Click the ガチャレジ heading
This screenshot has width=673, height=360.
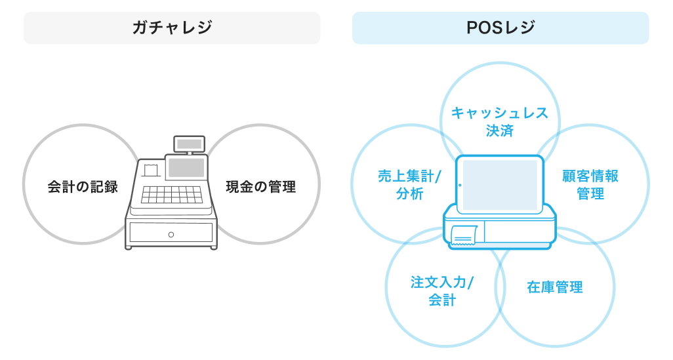pos(172,28)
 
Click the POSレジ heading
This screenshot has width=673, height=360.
pos(500,28)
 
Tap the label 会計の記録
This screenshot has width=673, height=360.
pos(83,187)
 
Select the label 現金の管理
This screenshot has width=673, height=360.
pos(260,187)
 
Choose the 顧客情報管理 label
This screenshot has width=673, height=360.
pos(590,185)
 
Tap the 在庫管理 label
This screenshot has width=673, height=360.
pos(555,287)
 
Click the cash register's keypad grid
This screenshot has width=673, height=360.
pos(171,194)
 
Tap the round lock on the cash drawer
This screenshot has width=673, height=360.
pos(171,234)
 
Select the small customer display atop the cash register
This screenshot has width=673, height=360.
pos(189,143)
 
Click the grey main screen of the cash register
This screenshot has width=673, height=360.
pos(186,168)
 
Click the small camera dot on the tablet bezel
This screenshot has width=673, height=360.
pos(460,185)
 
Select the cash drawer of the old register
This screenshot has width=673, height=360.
pos(171,233)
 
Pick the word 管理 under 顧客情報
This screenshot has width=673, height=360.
pos(590,194)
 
